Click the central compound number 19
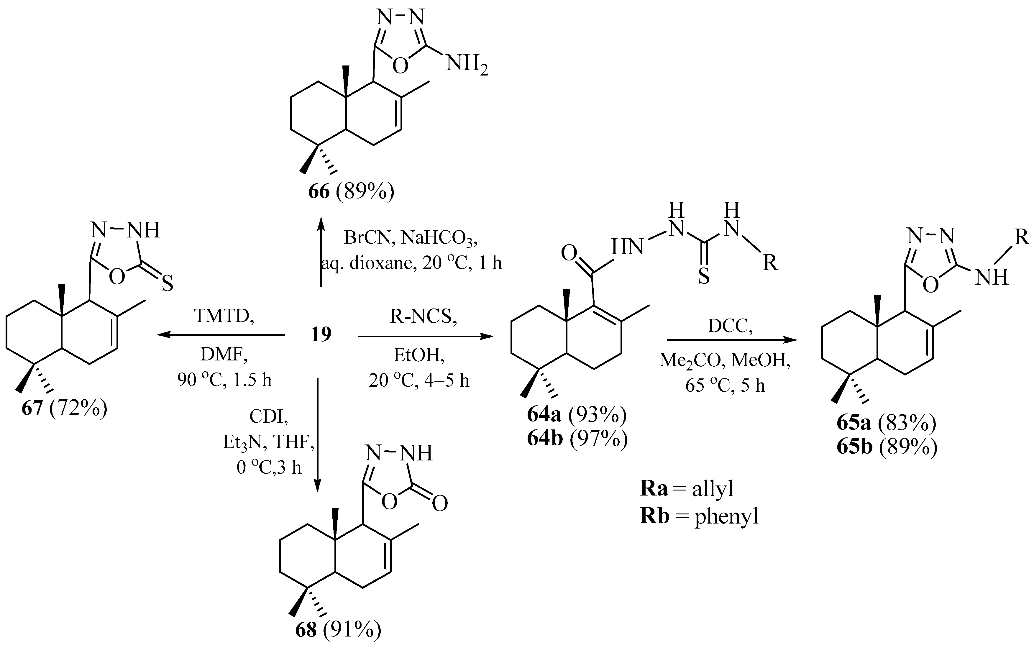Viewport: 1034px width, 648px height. [321, 334]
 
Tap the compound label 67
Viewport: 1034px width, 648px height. [32, 408]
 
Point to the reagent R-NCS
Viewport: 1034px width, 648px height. [424, 317]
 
